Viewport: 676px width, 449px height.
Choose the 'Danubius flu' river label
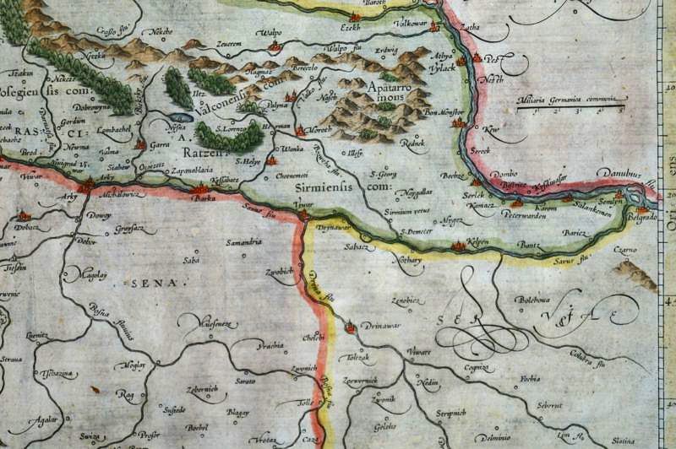click(x=619, y=173)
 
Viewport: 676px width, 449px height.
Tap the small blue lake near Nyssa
click(x=175, y=117)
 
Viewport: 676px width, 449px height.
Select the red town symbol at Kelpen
click(x=460, y=246)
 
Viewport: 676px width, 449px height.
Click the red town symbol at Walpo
click(x=273, y=46)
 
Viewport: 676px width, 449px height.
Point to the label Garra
click(x=158, y=145)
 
